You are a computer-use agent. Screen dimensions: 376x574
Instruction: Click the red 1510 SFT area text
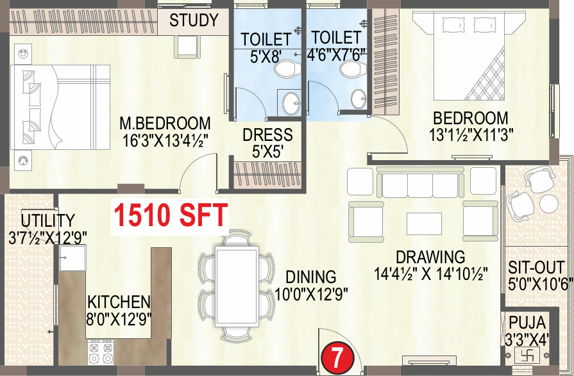171,215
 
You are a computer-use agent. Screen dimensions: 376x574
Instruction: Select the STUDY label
194,20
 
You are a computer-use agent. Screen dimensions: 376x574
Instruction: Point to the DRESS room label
267,135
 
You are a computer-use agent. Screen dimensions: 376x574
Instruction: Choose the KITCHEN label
119,302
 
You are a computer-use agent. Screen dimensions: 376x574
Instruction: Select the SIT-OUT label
536,267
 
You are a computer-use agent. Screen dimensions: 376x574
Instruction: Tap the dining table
237,286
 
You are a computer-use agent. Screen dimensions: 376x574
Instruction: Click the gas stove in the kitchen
101,352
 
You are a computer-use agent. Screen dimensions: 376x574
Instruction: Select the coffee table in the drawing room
424,223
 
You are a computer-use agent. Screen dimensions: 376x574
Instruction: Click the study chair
188,45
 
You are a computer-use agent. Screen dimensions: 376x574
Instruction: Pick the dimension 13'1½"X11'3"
470,135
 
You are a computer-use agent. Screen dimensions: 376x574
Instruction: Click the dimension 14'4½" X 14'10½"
432,274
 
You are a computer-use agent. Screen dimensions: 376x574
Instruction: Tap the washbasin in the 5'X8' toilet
289,102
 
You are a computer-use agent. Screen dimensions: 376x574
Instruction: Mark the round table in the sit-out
549,204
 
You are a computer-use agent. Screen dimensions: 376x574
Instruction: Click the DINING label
311,277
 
